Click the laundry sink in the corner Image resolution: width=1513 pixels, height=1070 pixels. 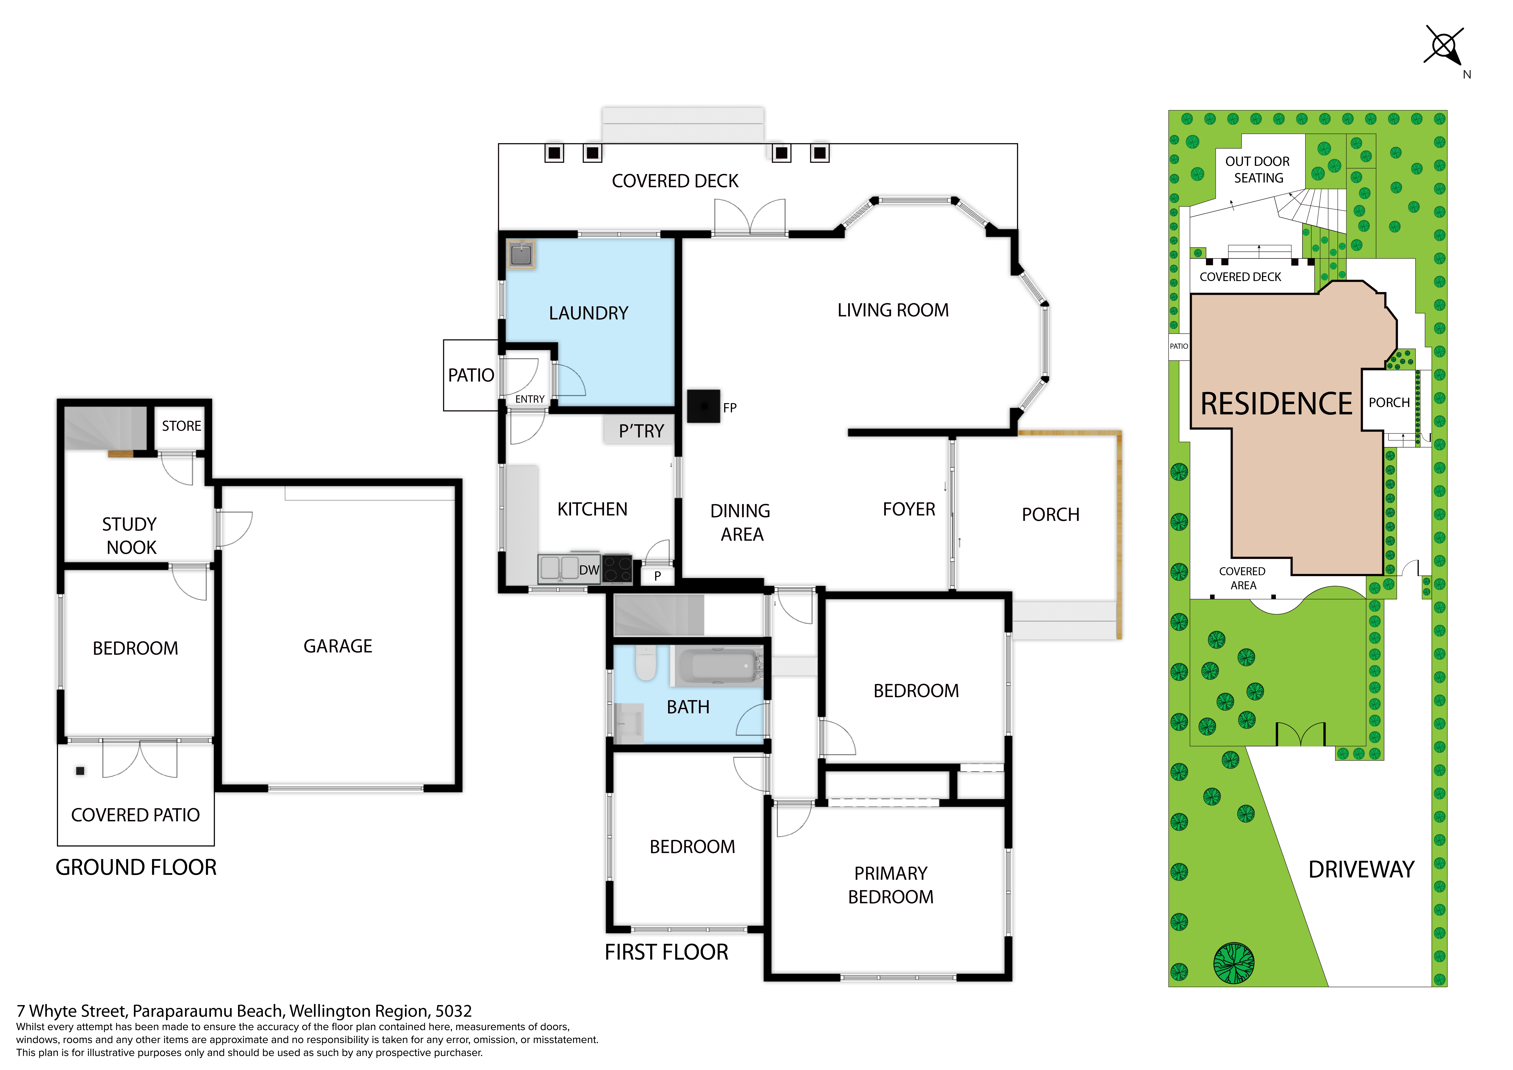pyautogui.click(x=521, y=254)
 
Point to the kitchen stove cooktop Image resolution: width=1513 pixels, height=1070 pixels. pyautogui.click(x=617, y=570)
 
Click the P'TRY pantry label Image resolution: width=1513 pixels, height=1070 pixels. pyautogui.click(x=641, y=431)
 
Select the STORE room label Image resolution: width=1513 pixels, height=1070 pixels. pyautogui.click(x=181, y=426)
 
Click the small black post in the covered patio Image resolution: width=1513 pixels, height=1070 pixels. pyautogui.click(x=80, y=771)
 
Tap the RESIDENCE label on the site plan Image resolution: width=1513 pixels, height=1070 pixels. pyautogui.click(x=1276, y=404)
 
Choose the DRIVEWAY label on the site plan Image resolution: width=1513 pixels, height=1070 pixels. pyautogui.click(x=1361, y=870)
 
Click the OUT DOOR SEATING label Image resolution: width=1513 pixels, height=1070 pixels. pyautogui.click(x=1258, y=170)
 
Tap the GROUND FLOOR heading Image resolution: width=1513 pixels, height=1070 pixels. pyautogui.click(x=136, y=868)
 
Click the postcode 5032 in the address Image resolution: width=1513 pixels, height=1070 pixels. pyautogui.click(x=453, y=1011)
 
